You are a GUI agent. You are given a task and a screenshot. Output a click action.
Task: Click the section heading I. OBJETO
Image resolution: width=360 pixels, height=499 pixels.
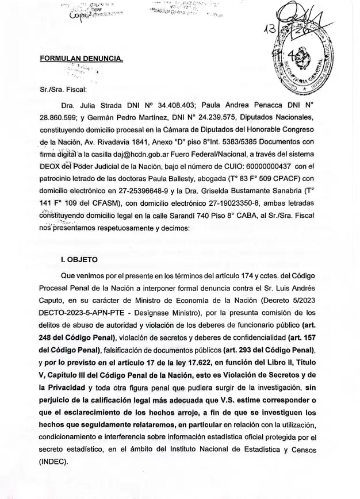(x=84, y=259)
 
